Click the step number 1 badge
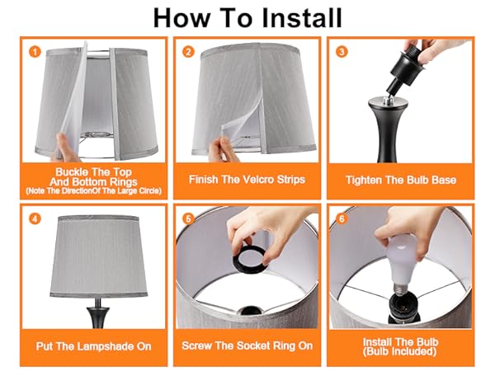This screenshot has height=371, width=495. pos(35,52)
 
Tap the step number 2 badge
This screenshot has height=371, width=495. pos(188,52)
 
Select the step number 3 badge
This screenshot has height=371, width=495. pos(342,52)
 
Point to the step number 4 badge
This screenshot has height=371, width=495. pos(35,218)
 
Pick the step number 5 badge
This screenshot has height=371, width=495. pos(188,218)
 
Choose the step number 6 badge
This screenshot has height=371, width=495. pos(342,218)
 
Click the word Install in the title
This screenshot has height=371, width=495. pos(302,18)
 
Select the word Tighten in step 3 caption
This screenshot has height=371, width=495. pos(364,180)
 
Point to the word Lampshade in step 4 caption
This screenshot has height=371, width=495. pos(106,346)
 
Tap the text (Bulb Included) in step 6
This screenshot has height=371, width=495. pos(399,351)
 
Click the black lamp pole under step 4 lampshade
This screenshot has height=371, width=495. pos(98,313)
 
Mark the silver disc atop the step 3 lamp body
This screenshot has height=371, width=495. pos(389,102)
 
